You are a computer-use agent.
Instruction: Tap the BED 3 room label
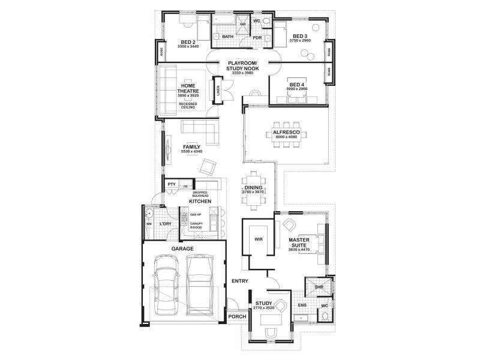point(300,37)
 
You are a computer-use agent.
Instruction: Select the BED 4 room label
point(297,85)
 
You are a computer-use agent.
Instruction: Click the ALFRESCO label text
point(287,131)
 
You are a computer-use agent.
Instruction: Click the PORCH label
point(237,317)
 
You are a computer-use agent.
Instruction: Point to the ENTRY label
point(240,281)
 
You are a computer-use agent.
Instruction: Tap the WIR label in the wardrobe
point(259,239)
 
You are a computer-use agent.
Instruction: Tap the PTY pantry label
point(171,185)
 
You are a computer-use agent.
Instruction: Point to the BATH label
point(228,37)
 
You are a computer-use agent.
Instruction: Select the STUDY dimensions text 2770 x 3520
point(264,308)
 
